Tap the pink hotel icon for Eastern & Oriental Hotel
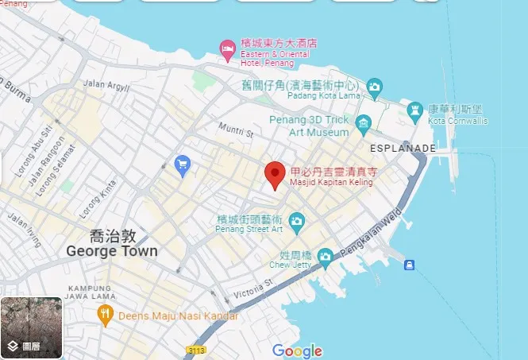tap(227, 49)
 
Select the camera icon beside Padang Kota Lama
tap(374, 86)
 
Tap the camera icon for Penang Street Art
tap(297, 220)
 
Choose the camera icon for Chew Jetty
tap(325, 256)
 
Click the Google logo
tap(297, 350)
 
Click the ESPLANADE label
tap(403, 148)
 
